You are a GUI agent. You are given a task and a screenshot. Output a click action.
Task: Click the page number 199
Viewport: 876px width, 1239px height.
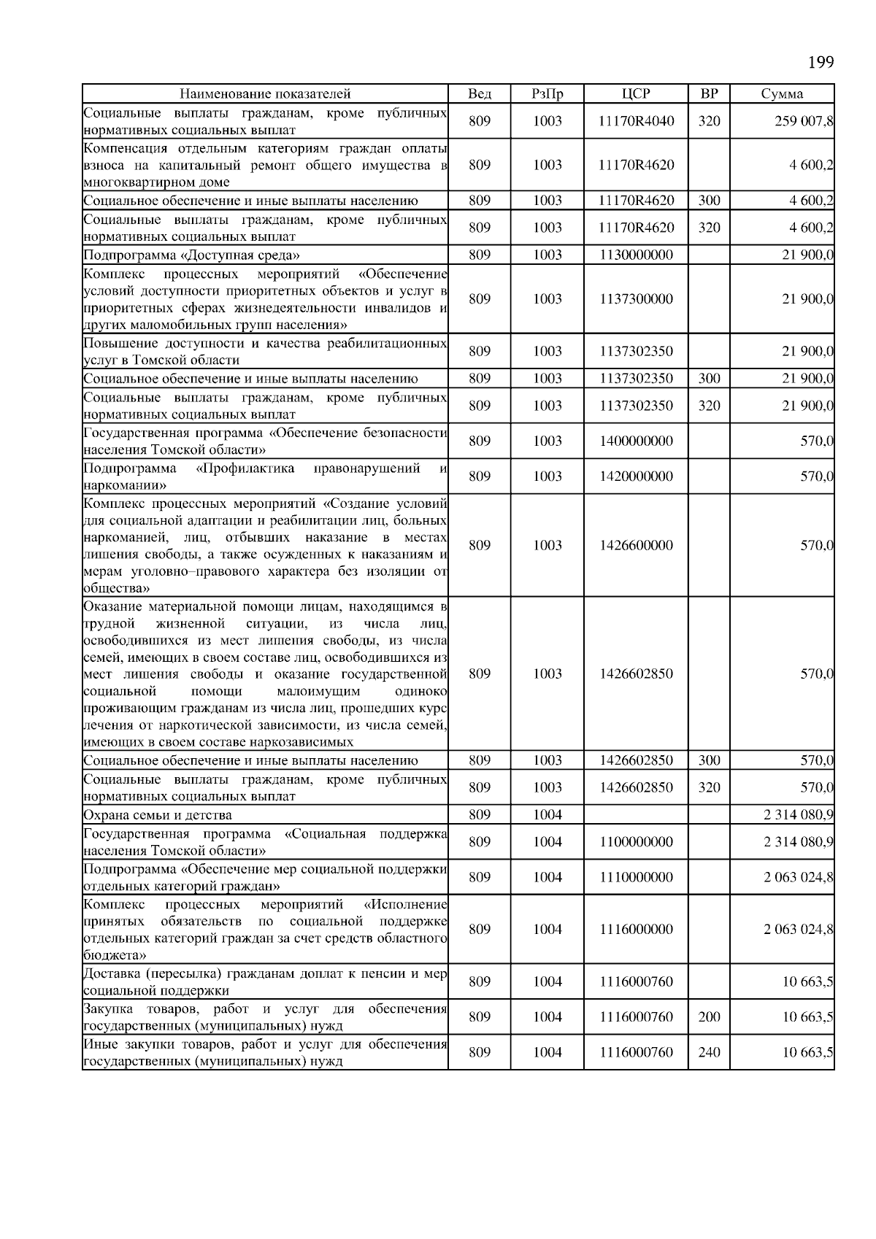pyautogui.click(x=821, y=63)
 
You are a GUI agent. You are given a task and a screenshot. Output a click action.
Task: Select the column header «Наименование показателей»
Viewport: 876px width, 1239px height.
pyautogui.click(x=265, y=94)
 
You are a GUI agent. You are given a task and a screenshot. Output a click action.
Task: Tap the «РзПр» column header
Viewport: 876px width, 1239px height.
pyautogui.click(x=547, y=94)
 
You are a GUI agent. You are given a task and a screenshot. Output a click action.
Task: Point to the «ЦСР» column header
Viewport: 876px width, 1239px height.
pyautogui.click(x=636, y=94)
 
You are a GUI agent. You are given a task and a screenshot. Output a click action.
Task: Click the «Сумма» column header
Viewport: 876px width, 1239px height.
pyautogui.click(x=782, y=94)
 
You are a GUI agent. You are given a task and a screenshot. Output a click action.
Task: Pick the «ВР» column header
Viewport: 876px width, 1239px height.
pyautogui.click(x=709, y=94)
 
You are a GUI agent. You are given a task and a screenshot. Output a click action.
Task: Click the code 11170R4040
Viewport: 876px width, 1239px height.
pyautogui.click(x=636, y=121)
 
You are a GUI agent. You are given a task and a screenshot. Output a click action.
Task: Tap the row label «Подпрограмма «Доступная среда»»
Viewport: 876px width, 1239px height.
pyautogui.click(x=191, y=255)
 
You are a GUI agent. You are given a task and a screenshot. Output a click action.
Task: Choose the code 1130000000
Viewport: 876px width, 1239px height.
pyautogui.click(x=636, y=255)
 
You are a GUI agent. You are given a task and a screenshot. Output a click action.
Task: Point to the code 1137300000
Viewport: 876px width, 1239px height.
pyautogui.click(x=636, y=299)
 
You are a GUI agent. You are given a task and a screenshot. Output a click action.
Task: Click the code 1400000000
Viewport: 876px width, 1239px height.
pyautogui.click(x=636, y=441)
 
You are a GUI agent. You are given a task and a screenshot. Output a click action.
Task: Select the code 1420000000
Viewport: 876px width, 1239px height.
pyautogui.click(x=636, y=476)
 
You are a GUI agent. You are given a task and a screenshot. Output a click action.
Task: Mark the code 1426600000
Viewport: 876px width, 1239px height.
pyautogui.click(x=636, y=546)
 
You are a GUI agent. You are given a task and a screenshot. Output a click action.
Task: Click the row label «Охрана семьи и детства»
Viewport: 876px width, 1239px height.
pyautogui.click(x=158, y=815)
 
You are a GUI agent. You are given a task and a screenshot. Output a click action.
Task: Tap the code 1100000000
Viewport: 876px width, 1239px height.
pyautogui.click(x=636, y=842)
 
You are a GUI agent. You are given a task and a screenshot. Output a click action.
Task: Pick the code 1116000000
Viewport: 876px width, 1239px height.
pyautogui.click(x=636, y=930)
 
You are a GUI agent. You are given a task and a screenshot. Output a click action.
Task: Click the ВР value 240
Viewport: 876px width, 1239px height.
pyautogui.click(x=709, y=1052)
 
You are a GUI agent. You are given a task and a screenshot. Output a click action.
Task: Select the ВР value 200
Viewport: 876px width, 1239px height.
pyautogui.click(x=709, y=1017)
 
